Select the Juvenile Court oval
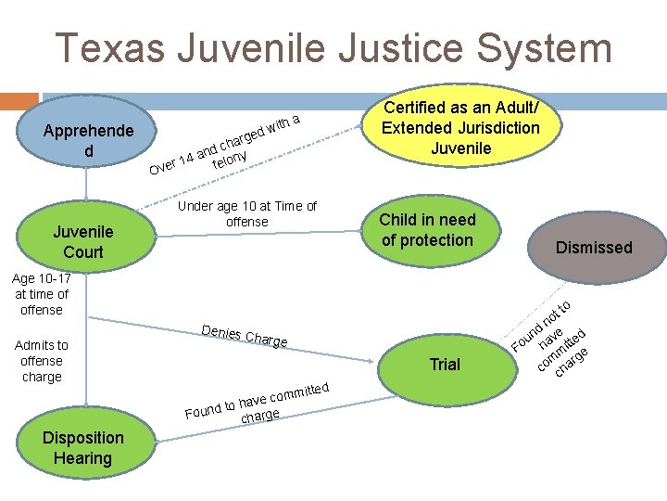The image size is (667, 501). (x=83, y=241)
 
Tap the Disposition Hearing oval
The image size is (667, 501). (x=83, y=448)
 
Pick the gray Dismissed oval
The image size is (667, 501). (x=593, y=247)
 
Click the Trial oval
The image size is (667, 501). (x=445, y=365)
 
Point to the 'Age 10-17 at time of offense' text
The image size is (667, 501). (x=41, y=294)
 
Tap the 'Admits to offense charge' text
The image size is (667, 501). (x=41, y=361)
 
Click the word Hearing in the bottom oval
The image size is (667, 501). (x=82, y=458)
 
